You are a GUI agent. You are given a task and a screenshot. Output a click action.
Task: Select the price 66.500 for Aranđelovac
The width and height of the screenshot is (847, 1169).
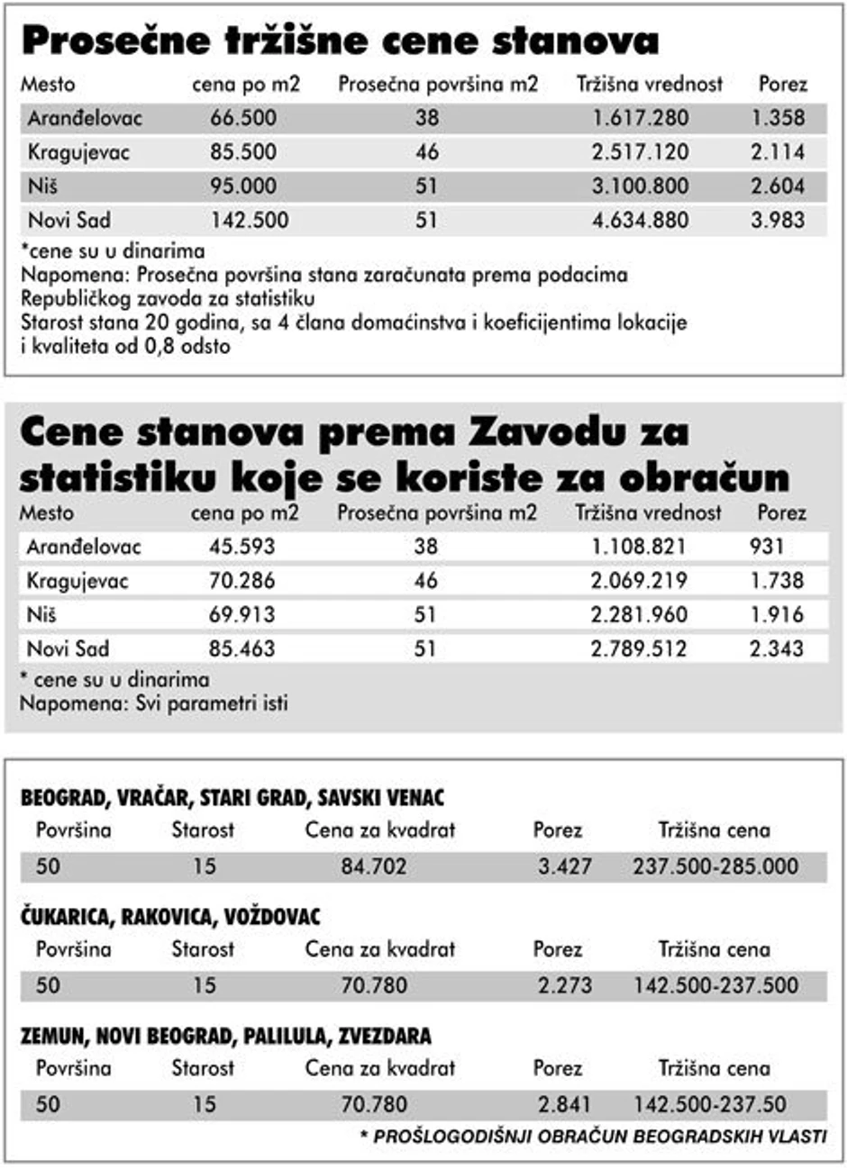pyautogui.click(x=243, y=118)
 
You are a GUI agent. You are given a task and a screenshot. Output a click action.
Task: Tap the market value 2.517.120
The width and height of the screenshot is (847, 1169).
pyautogui.click(x=640, y=152)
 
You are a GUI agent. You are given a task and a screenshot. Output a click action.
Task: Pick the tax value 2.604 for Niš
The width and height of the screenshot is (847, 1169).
pyautogui.click(x=778, y=186)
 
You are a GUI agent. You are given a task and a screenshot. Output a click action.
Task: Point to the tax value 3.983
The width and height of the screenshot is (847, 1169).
pyautogui.click(x=778, y=220)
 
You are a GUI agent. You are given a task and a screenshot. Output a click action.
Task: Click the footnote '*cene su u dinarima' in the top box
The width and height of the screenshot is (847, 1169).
pyautogui.click(x=113, y=251)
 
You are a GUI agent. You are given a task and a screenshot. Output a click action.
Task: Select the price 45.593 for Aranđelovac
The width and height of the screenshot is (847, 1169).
pyautogui.click(x=242, y=547)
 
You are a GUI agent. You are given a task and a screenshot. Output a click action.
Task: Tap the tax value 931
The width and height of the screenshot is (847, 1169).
pyautogui.click(x=767, y=547)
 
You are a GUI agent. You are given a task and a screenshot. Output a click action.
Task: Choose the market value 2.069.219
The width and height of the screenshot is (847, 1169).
pyautogui.click(x=639, y=581)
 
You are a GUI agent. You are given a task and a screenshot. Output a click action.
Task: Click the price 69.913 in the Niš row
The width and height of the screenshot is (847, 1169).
pyautogui.click(x=242, y=615)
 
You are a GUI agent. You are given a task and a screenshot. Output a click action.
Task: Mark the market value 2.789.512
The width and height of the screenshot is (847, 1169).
pyautogui.click(x=639, y=648)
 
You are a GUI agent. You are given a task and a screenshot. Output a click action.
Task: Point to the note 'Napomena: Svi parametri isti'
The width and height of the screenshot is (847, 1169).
pyautogui.click(x=154, y=703)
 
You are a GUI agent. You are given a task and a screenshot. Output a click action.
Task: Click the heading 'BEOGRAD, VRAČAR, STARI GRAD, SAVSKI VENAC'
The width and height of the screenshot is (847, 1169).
pyautogui.click(x=232, y=798)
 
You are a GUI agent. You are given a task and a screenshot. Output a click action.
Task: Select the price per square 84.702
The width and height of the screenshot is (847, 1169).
pyautogui.click(x=374, y=866)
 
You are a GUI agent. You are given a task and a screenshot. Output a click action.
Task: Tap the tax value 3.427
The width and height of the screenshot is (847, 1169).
pyautogui.click(x=565, y=866)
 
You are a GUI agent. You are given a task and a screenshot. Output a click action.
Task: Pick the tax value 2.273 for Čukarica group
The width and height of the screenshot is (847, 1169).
pyautogui.click(x=565, y=985)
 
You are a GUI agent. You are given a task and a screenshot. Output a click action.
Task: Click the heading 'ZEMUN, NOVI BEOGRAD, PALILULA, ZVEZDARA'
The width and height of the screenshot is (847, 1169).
pyautogui.click(x=226, y=1036)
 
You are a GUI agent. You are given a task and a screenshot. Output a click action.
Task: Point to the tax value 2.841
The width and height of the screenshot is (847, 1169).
pyautogui.click(x=565, y=1104)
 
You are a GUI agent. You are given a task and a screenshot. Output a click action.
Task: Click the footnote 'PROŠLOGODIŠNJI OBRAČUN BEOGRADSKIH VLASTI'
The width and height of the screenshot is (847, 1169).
pyautogui.click(x=599, y=1137)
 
